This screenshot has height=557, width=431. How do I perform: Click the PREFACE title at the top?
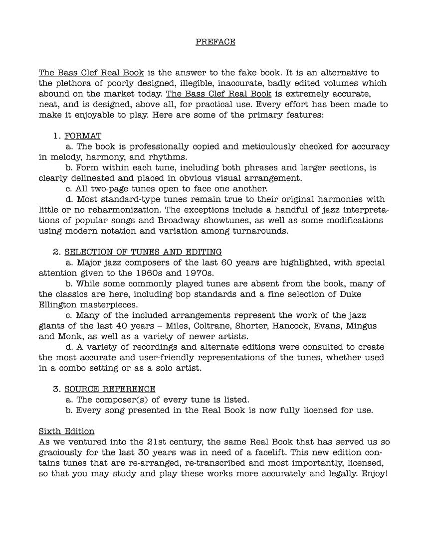pyautogui.click(x=215, y=42)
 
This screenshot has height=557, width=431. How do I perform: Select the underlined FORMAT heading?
pyautogui.click(x=83, y=136)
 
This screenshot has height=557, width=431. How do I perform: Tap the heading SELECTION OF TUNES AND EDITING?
pyautogui.click(x=143, y=252)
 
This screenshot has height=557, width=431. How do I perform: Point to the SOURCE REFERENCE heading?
pyautogui.click(x=110, y=389)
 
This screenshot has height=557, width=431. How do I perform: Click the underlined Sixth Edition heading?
pyautogui.click(x=66, y=431)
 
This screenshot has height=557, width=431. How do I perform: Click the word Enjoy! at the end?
pyautogui.click(x=373, y=473)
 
